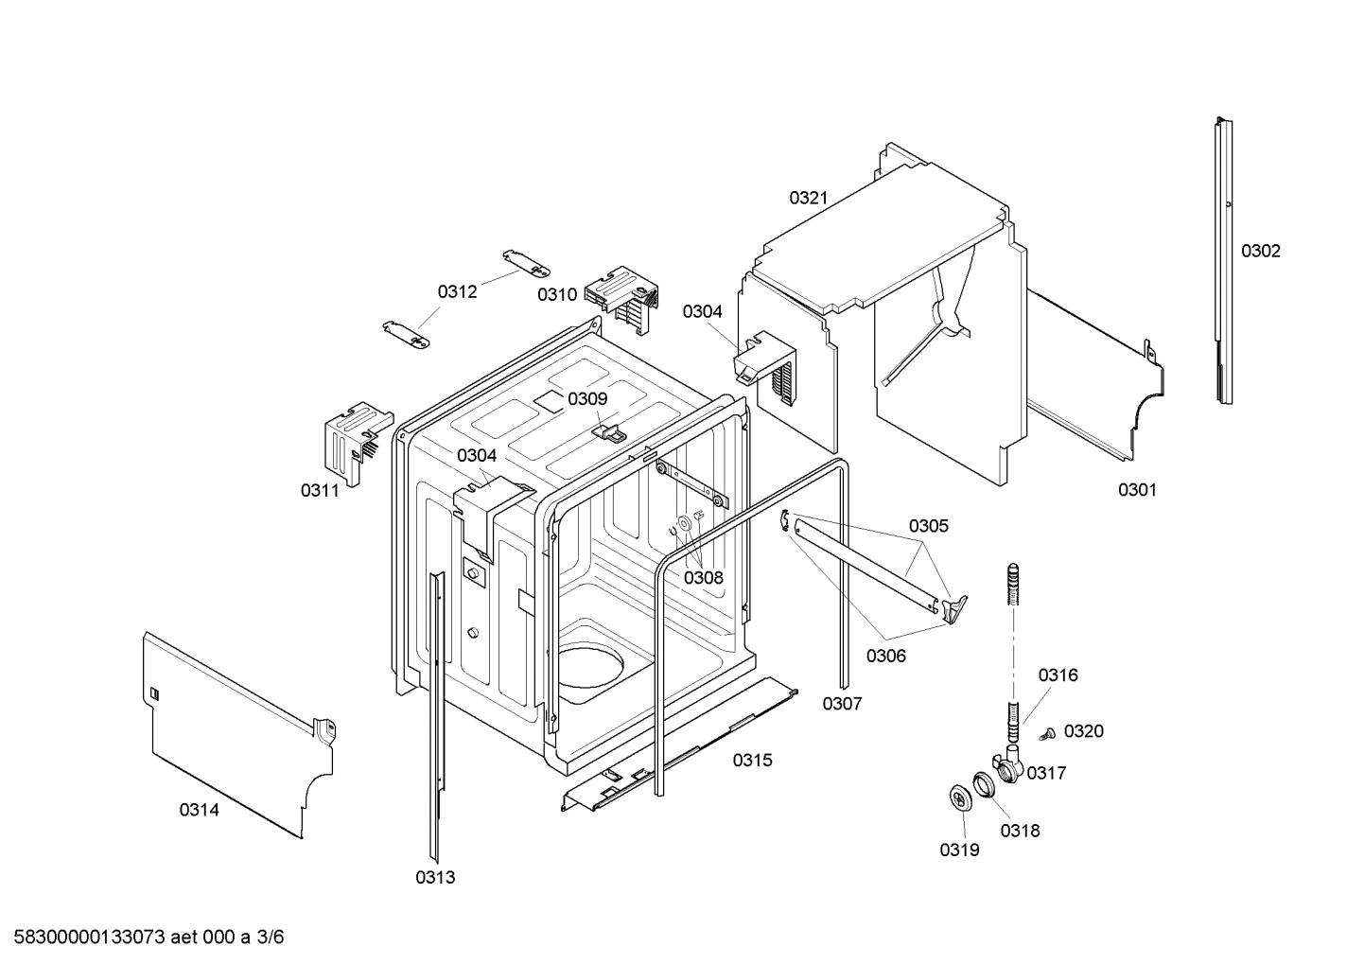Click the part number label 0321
(809, 198)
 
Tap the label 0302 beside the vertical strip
(1261, 251)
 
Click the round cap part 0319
(961, 797)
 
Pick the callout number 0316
(1058, 675)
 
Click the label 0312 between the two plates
(457, 291)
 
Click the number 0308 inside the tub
(704, 577)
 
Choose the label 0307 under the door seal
(842, 703)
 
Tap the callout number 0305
(929, 526)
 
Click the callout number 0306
(886, 656)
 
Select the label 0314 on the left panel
(200, 810)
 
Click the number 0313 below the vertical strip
(435, 877)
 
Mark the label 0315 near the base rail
(752, 760)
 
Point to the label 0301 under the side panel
(1137, 489)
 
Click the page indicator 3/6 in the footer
(271, 938)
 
